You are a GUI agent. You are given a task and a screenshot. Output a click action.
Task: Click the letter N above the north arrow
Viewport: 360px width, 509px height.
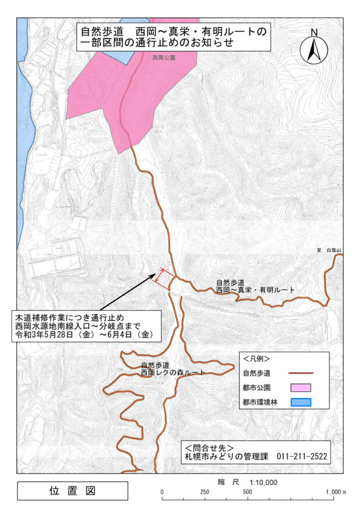(x=314, y=33)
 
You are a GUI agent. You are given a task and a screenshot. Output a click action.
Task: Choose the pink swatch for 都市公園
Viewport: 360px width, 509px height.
(x=300, y=388)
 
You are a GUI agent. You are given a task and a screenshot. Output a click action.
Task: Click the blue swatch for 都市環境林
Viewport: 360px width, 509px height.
(x=300, y=403)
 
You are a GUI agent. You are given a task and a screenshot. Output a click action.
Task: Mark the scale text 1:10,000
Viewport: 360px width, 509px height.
(x=257, y=482)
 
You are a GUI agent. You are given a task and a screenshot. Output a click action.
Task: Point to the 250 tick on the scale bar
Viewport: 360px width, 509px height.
(x=204, y=492)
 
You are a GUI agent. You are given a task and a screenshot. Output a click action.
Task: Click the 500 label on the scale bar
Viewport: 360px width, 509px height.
(x=247, y=492)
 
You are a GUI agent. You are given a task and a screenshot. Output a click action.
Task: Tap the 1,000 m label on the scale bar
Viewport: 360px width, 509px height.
(x=336, y=492)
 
